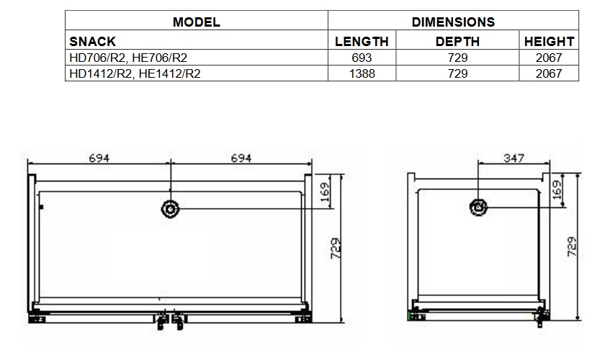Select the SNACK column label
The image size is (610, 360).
pyautogui.click(x=93, y=41)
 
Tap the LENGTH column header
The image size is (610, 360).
pyautogui.click(x=362, y=41)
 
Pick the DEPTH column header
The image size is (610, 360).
pyautogui.click(x=457, y=41)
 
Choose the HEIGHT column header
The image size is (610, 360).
pyautogui.click(x=549, y=41)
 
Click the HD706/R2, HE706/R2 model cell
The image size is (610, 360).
pyautogui.click(x=128, y=58)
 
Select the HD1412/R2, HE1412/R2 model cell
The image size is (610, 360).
pyautogui.click(x=135, y=73)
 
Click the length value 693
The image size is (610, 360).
pyautogui.click(x=362, y=58)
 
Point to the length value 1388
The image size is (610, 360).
pyautogui.click(x=362, y=73)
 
